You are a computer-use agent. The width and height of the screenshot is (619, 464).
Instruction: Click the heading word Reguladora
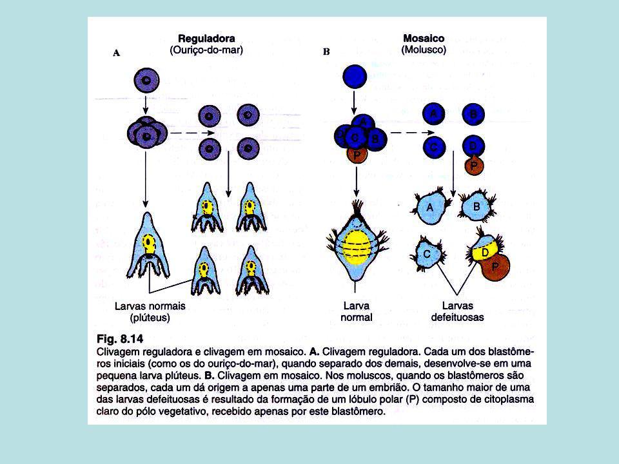(206, 39)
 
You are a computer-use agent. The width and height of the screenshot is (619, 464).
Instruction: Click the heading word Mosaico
(424, 38)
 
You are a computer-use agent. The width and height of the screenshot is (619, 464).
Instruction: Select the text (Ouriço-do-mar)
(206, 50)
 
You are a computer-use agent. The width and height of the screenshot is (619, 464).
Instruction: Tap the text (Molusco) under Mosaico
(424, 50)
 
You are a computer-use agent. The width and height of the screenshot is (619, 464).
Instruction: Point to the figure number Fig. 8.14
(120, 339)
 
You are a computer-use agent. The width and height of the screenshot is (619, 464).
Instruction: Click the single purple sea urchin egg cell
(146, 81)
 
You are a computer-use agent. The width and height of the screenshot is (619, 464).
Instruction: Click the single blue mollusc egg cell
(355, 76)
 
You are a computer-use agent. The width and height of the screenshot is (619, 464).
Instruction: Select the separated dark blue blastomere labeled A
(433, 113)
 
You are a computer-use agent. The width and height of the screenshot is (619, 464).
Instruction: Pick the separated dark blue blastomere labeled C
(434, 148)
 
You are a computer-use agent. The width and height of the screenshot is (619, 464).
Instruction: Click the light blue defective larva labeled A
(431, 207)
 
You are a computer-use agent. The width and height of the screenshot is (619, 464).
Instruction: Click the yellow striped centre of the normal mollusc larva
(356, 247)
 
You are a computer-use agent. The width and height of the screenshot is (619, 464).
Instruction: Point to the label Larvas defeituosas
(458, 311)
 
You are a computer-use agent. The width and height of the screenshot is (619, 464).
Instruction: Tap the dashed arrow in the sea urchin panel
(193, 133)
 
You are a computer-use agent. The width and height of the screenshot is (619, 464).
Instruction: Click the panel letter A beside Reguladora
(117, 53)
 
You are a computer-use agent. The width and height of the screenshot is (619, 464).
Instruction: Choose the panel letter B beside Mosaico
(326, 52)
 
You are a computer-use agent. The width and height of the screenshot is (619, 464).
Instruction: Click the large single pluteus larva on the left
(148, 246)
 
